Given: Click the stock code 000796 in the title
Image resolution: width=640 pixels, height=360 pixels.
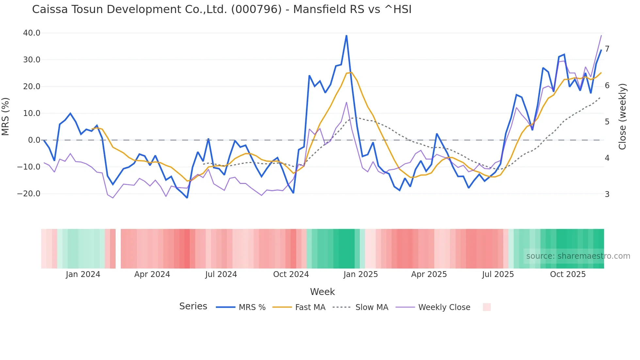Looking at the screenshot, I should click(256, 9).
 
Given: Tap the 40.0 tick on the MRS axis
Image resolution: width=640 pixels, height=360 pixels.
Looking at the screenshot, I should click(32, 33).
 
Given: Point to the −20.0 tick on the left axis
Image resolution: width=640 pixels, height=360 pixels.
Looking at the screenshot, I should click(29, 194).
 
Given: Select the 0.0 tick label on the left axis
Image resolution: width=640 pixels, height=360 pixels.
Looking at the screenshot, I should click(34, 140).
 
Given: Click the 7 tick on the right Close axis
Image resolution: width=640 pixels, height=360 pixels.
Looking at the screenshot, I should click(607, 49).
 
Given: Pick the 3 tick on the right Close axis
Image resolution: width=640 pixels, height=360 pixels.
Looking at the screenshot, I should click(607, 194).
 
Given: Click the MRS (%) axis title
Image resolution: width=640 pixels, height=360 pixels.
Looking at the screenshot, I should click(6, 117).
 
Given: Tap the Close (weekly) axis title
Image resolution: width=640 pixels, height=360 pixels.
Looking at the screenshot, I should click(622, 117).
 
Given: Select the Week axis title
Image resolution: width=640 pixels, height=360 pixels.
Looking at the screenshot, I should click(322, 292).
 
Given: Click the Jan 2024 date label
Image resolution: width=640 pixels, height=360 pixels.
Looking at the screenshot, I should click(83, 274).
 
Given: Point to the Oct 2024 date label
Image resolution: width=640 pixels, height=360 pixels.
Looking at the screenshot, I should click(291, 274).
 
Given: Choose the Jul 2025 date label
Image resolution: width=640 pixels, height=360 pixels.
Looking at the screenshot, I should click(498, 274).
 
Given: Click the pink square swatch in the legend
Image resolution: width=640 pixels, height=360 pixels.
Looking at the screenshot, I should click(487, 307).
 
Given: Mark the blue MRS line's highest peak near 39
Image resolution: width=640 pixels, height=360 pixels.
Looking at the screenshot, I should click(346, 36).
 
